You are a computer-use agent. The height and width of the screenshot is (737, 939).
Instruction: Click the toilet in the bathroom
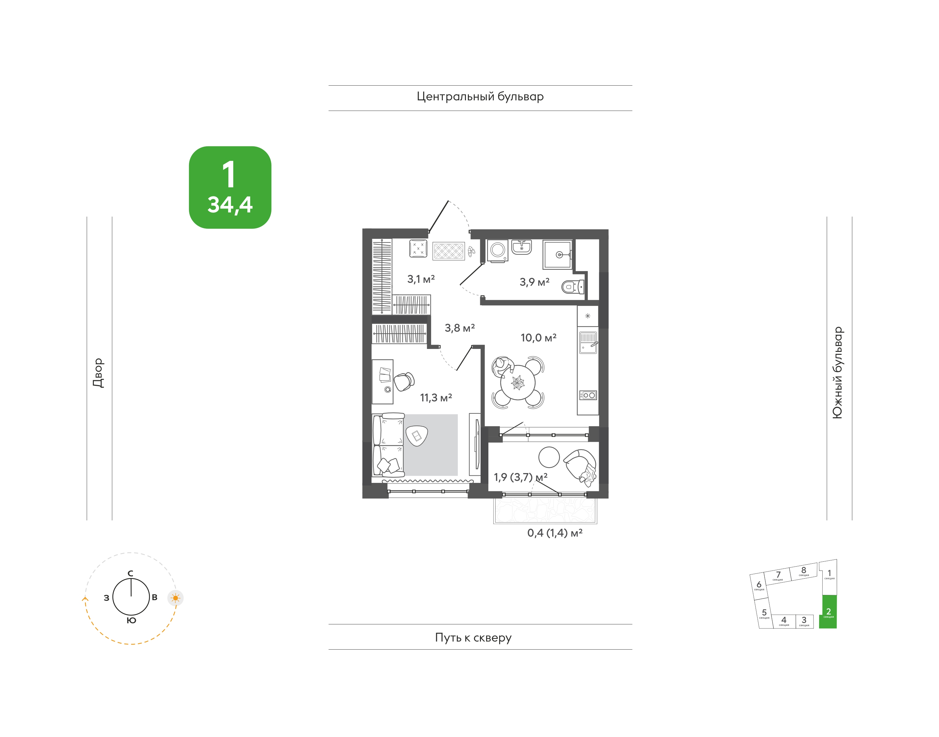tap(573, 286)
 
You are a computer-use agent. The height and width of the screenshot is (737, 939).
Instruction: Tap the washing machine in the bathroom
tap(498, 250)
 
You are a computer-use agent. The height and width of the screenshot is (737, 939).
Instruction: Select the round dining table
tap(517, 382)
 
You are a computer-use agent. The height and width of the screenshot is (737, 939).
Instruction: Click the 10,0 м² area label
tap(539, 338)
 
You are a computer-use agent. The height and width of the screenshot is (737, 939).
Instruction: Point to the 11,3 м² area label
tap(436, 397)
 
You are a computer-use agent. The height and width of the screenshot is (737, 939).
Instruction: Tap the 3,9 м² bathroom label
tap(534, 282)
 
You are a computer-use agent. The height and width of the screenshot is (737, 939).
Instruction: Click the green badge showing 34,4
tap(230, 187)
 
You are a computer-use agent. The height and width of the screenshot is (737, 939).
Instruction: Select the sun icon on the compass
tap(175, 598)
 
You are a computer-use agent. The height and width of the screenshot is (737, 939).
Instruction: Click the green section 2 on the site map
tap(828, 612)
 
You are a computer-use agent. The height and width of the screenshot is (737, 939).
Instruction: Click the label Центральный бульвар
tap(480, 97)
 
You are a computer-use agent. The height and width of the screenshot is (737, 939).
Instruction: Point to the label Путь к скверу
tap(473, 638)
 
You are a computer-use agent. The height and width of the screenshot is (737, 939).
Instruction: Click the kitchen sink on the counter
tap(588, 343)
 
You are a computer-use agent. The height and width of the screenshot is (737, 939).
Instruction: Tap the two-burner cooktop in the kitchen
tap(588, 395)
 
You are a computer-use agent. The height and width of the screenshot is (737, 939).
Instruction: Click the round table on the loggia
tap(549, 457)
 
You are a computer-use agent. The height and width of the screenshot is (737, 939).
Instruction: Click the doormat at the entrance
tap(449, 251)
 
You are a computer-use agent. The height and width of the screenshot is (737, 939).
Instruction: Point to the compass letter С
tap(130, 573)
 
